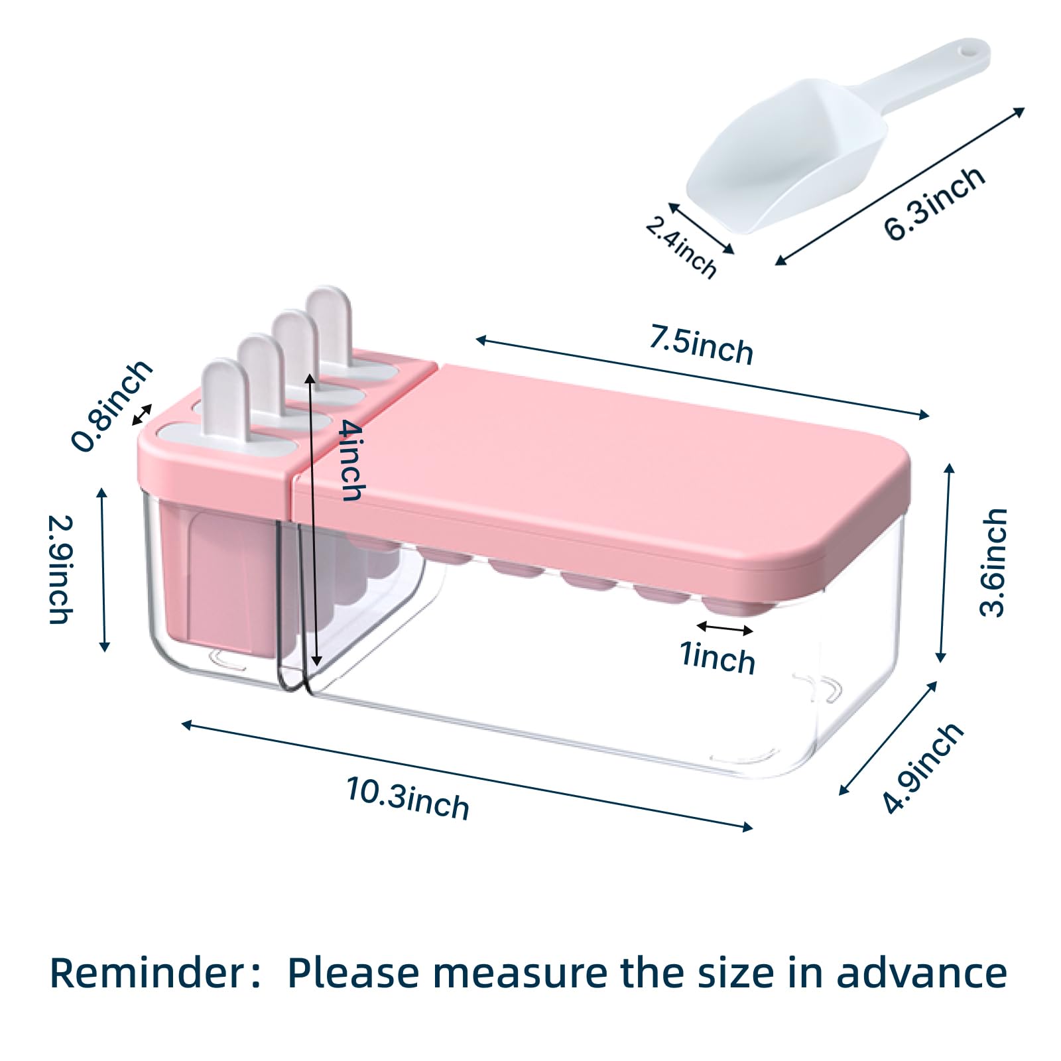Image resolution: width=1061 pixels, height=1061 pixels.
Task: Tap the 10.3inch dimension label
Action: click(x=408, y=798)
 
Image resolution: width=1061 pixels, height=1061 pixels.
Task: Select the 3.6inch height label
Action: click(x=993, y=562)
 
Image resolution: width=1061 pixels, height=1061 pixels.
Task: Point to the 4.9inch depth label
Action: click(x=922, y=768)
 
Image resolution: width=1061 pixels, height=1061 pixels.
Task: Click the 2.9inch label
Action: click(x=60, y=570)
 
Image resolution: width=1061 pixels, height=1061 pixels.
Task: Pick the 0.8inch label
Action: click(x=111, y=406)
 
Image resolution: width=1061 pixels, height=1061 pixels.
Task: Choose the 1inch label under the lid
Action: click(x=718, y=658)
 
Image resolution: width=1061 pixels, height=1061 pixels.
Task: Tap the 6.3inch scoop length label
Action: click(x=934, y=203)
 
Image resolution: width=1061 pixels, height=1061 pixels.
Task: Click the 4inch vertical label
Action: click(x=351, y=460)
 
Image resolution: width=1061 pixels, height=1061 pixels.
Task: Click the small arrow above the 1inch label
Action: click(x=725, y=628)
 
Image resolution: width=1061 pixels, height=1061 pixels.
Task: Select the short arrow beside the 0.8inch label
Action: click(x=142, y=414)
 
